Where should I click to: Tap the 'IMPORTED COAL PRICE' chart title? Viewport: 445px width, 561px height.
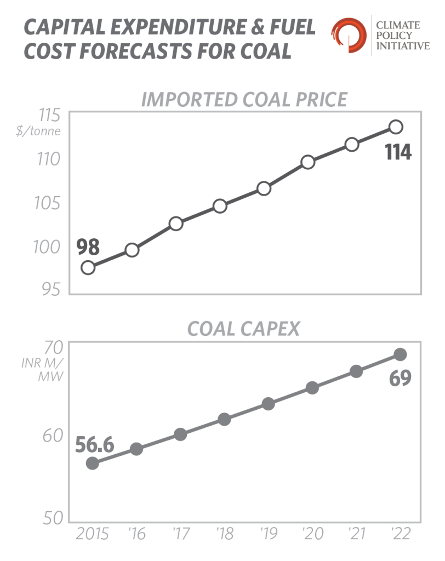coord(244,99)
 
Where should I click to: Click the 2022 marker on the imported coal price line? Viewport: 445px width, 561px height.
coord(396,127)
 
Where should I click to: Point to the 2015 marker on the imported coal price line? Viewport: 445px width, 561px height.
coord(88,267)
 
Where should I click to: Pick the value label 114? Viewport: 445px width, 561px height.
coord(398,152)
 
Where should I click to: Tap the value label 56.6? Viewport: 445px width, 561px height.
coord(94,444)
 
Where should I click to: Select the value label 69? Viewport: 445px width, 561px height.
coord(400,379)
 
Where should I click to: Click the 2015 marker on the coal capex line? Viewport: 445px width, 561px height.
coord(93,463)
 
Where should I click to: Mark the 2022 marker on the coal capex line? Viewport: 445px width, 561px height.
coord(400,354)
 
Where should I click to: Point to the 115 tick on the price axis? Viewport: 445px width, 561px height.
coord(48,117)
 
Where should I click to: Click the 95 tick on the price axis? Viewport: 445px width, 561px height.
coord(49,288)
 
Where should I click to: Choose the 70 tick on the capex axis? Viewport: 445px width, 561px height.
coord(50,348)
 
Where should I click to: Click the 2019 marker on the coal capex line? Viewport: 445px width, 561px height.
coord(268,404)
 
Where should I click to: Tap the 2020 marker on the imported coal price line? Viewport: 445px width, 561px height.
coord(308,162)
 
